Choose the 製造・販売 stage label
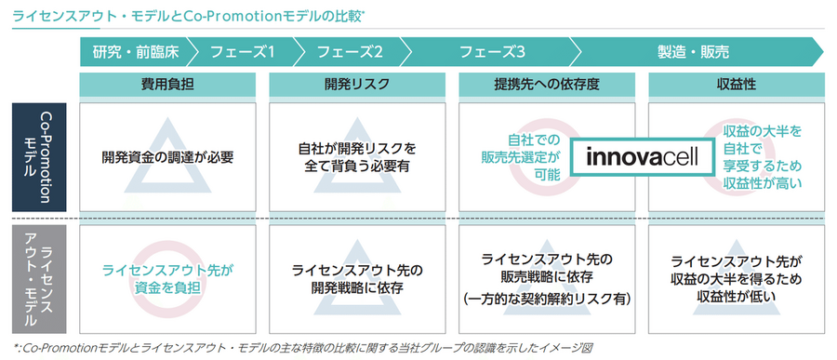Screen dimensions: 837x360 [x=692, y=51]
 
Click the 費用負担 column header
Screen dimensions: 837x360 [x=167, y=84]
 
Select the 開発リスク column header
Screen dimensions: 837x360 [x=357, y=84]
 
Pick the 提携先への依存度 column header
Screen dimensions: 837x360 [x=547, y=84]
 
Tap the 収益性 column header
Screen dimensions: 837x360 [x=736, y=84]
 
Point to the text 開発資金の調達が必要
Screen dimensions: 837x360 [x=168, y=156]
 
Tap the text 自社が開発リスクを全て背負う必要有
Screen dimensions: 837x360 [x=357, y=156]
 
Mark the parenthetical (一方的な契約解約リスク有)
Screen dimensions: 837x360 [x=547, y=299]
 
